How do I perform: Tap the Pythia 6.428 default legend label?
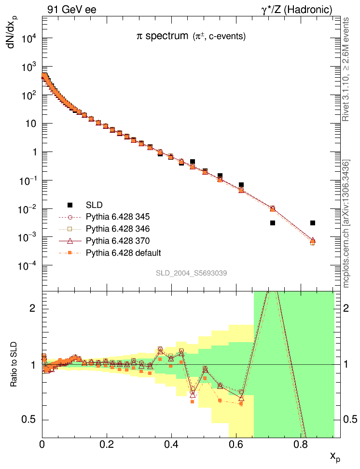click(x=123, y=252)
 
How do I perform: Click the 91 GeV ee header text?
click(x=72, y=9)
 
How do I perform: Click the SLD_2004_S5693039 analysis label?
click(x=191, y=273)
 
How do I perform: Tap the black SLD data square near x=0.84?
click(x=313, y=223)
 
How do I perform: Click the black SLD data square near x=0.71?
click(x=273, y=223)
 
